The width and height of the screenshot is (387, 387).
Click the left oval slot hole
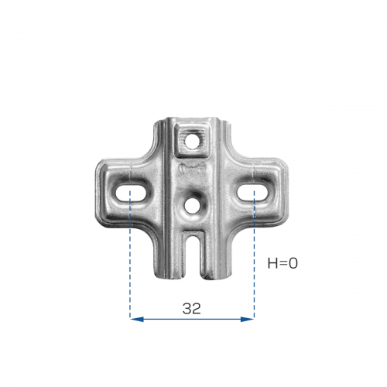(x=131, y=193)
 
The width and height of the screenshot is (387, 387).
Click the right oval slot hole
(x=253, y=193)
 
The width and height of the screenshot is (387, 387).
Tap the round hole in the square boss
(x=191, y=143)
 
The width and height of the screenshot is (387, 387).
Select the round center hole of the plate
(x=191, y=207)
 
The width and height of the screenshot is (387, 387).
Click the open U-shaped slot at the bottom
(x=193, y=255)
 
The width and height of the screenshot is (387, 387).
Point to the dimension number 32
(x=191, y=309)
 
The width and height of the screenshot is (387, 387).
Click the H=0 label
(x=283, y=263)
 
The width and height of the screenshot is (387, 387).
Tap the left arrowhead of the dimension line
(x=137, y=320)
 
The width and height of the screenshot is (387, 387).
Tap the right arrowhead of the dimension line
(x=247, y=320)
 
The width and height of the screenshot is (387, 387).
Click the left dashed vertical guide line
(x=130, y=254)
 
